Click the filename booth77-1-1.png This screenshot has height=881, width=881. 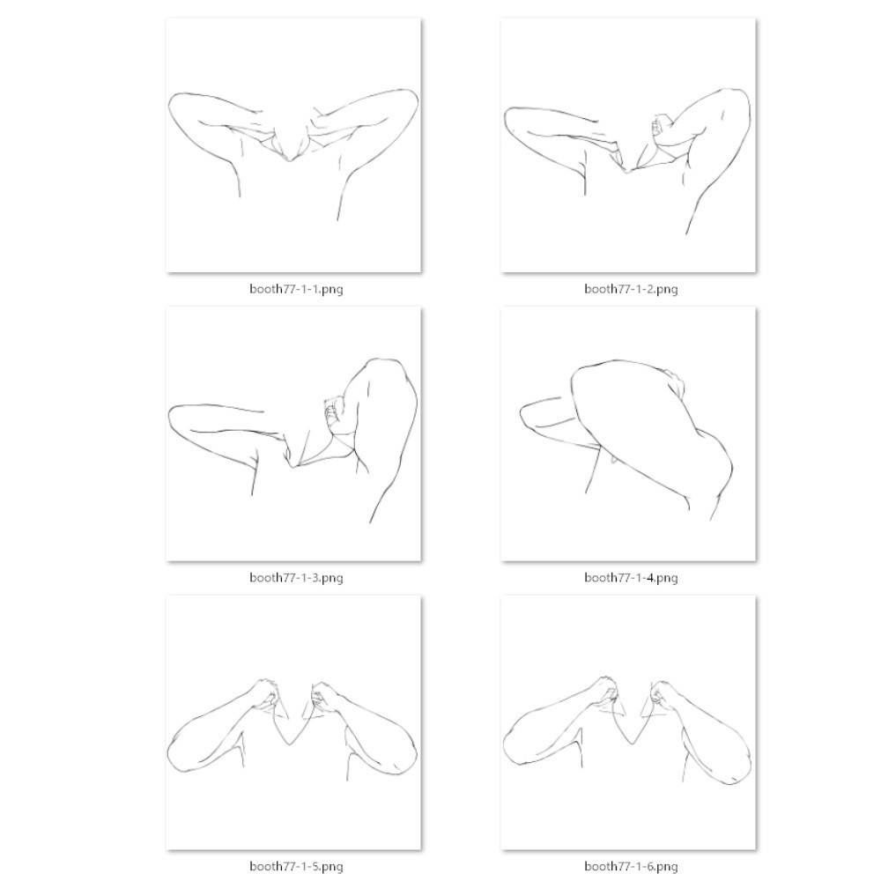[x=296, y=289]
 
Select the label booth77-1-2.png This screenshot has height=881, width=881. [x=631, y=289]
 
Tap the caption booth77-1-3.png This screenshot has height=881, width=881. [x=296, y=578]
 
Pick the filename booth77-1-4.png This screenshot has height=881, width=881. [x=631, y=578]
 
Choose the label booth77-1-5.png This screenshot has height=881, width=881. [x=296, y=866]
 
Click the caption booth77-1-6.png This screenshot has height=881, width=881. [x=631, y=866]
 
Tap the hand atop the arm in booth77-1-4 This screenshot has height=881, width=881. [x=675, y=381]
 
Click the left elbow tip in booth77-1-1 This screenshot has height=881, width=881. [x=170, y=108]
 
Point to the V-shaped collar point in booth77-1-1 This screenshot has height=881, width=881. [x=289, y=160]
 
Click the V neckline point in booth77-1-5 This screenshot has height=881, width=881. [x=289, y=744]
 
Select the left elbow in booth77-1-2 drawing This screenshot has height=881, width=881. [x=506, y=118]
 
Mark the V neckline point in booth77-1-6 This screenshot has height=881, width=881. [x=633, y=744]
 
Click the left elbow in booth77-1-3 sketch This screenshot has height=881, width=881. [x=170, y=416]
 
